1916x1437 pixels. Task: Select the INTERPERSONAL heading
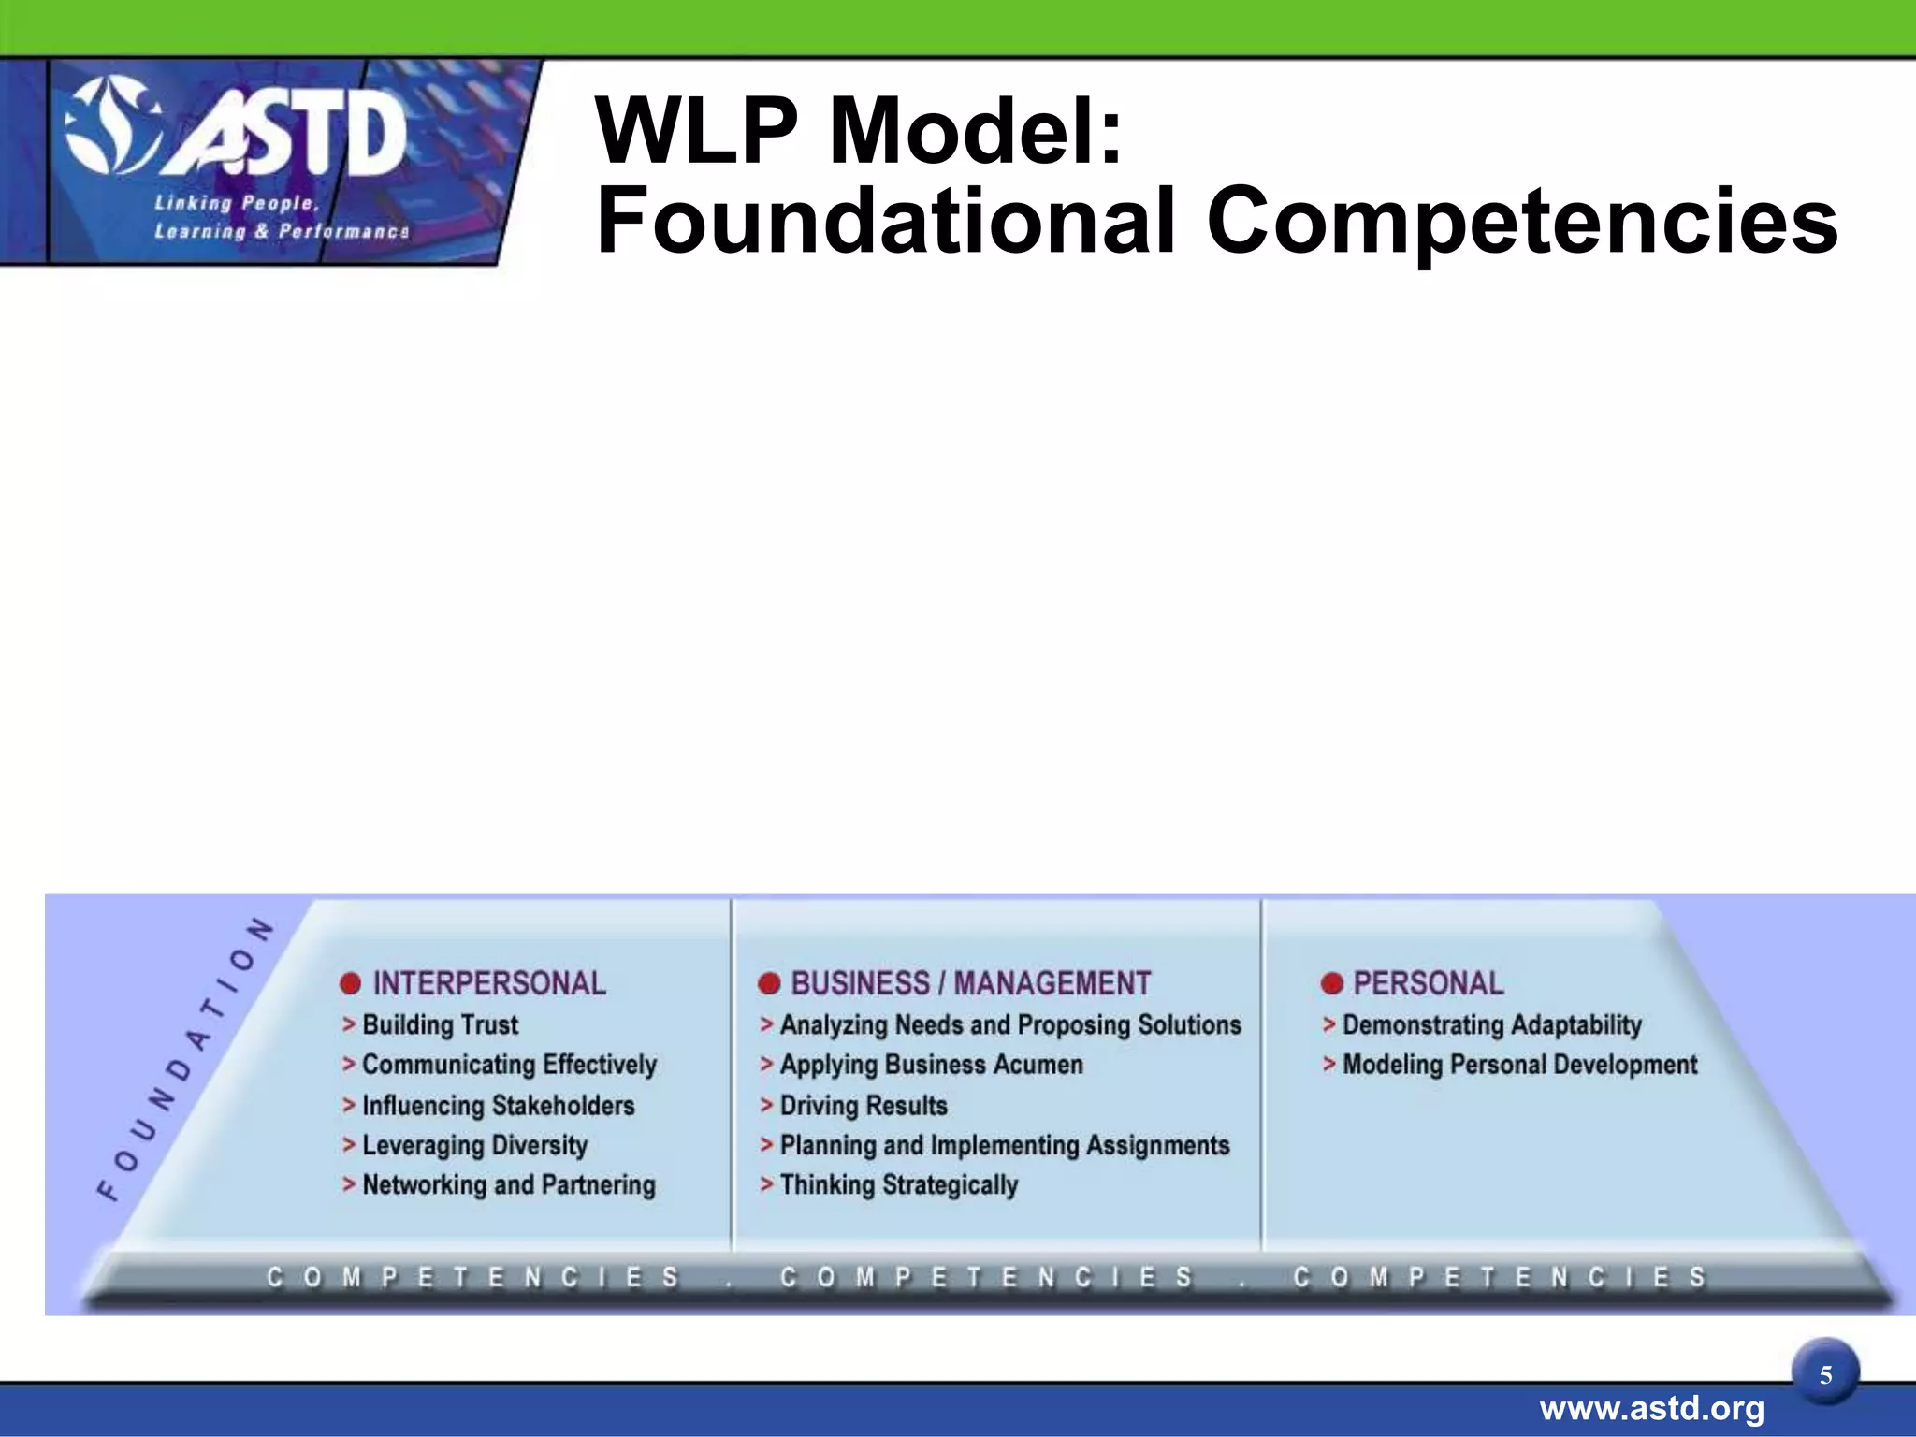click(488, 983)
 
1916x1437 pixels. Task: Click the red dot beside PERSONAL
click(1332, 984)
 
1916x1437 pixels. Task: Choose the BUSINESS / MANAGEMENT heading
click(970, 983)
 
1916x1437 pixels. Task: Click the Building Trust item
click(440, 1024)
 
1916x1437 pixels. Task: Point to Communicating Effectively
click(509, 1065)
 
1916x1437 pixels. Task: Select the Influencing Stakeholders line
click(498, 1106)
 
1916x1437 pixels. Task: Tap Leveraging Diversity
click(474, 1145)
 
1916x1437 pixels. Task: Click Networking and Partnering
click(508, 1185)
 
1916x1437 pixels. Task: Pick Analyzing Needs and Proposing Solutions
click(1009, 1024)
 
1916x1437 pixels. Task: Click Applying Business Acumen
click(931, 1065)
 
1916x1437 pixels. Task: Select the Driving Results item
click(863, 1106)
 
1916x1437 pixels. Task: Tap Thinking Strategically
click(898, 1185)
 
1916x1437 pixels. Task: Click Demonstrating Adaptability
click(1491, 1024)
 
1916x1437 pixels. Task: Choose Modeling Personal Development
click(1519, 1065)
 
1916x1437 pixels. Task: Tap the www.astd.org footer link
click(1651, 1409)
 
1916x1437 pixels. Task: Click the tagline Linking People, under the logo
click(237, 203)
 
